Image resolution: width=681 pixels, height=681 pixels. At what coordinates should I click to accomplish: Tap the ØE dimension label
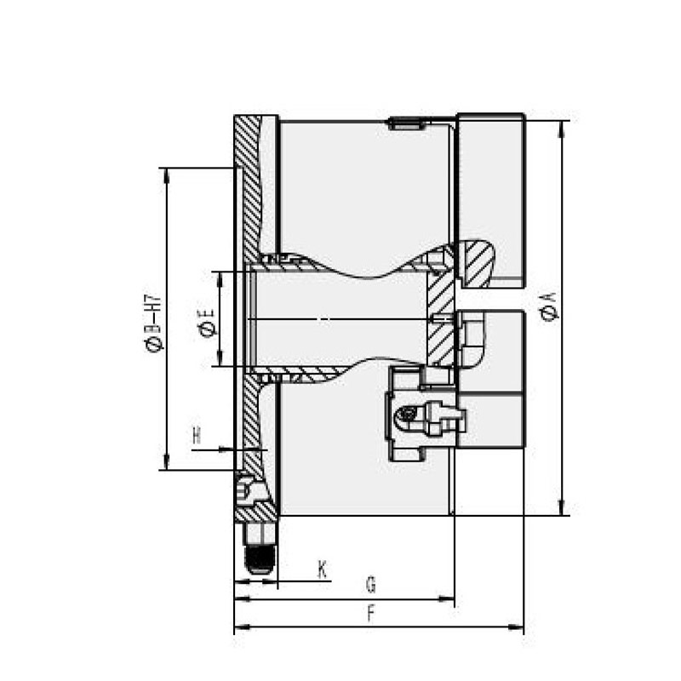tap(204, 324)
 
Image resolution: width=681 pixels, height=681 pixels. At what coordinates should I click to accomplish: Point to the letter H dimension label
tap(197, 436)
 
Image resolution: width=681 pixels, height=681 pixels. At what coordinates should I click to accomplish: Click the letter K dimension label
tap(323, 569)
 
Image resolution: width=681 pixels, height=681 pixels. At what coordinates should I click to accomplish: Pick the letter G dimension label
tap(370, 586)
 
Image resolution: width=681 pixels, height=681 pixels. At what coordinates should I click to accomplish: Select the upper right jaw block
tap(491, 200)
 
